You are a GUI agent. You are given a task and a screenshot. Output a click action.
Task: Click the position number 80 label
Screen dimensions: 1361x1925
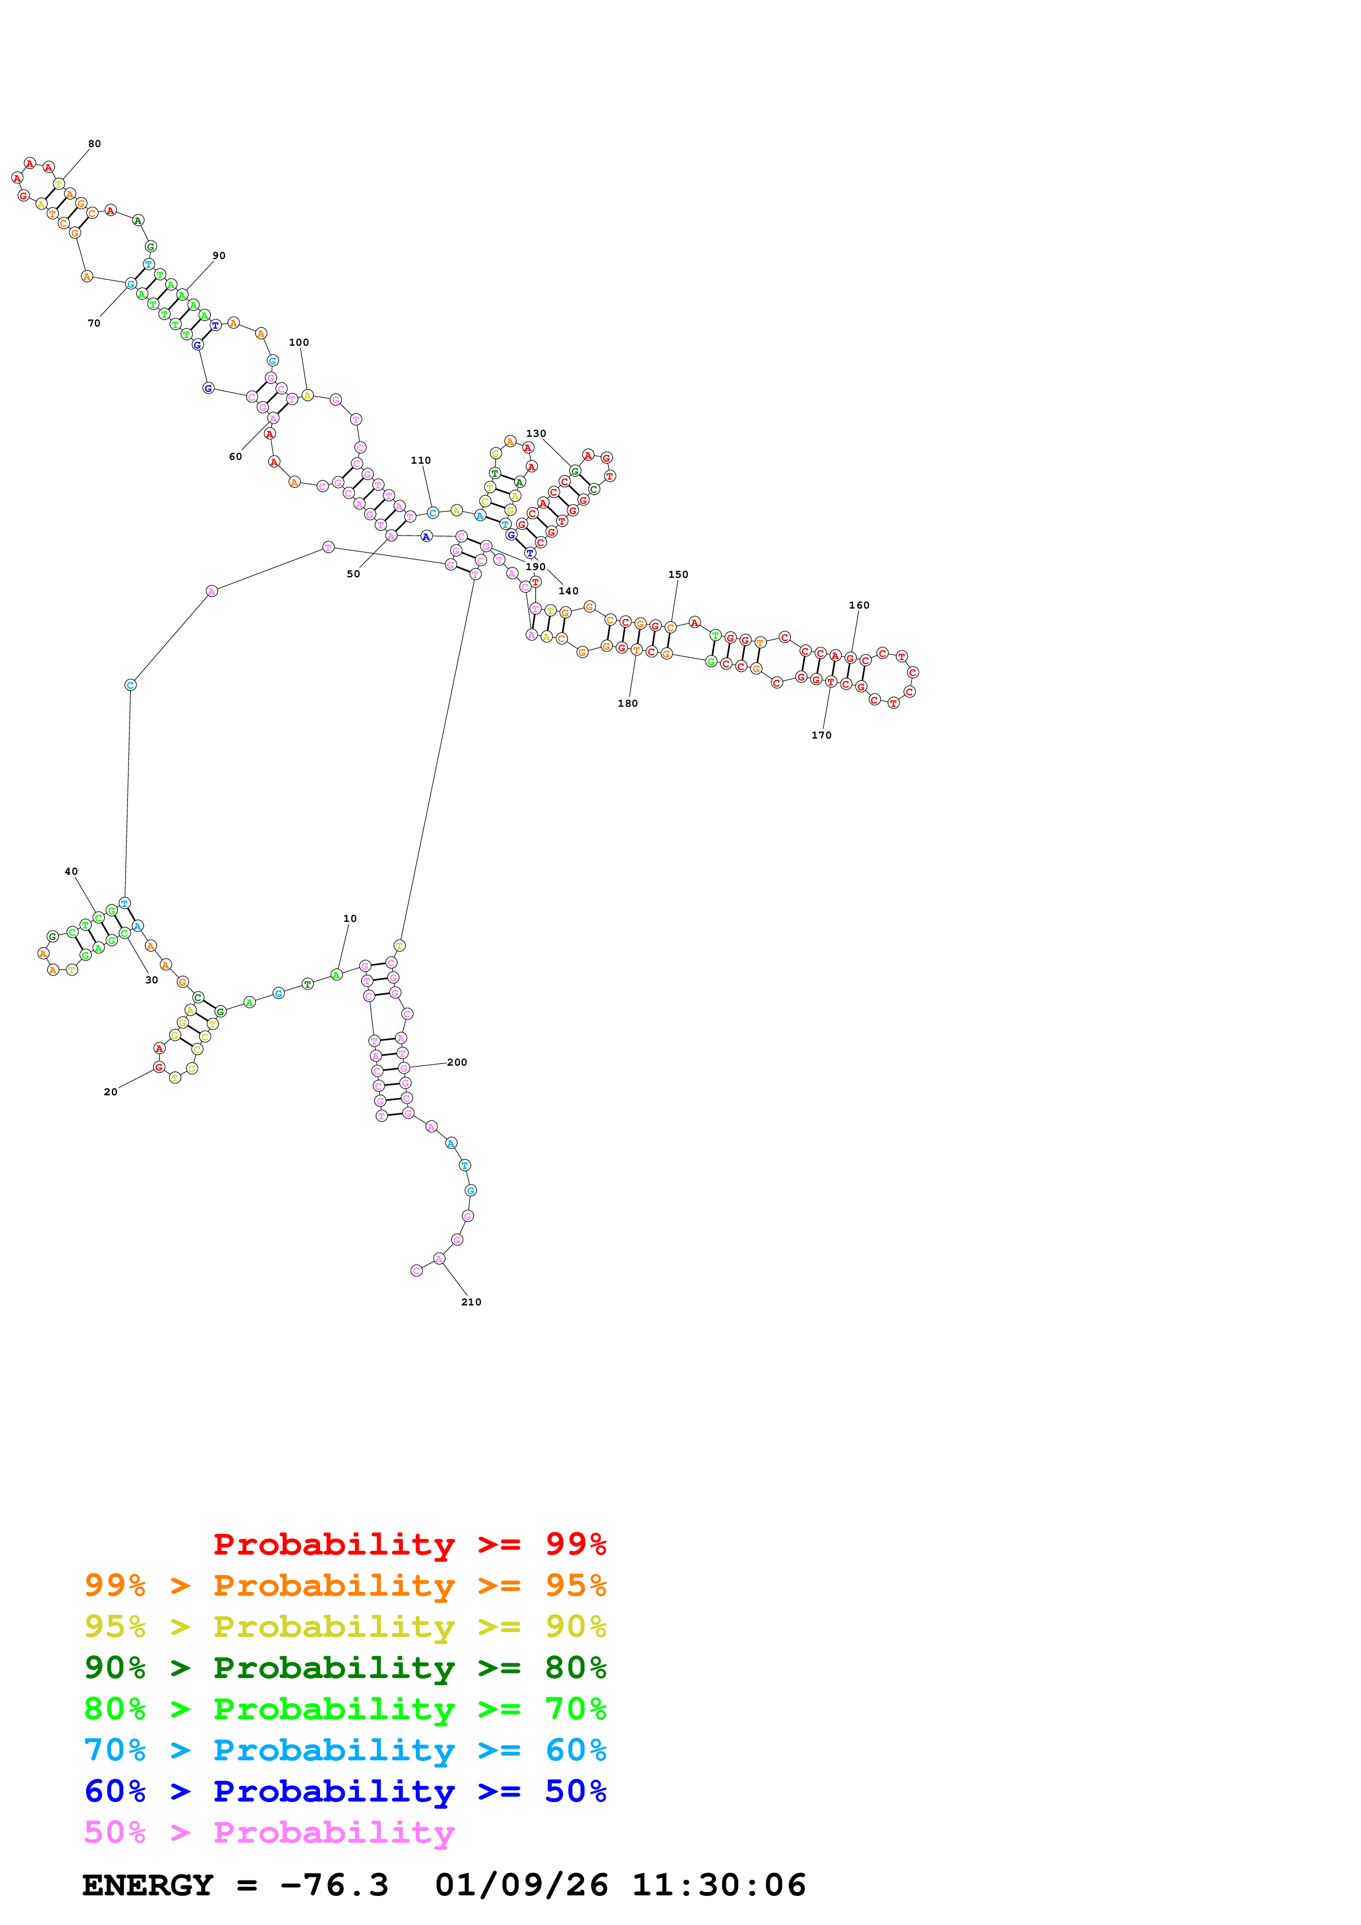[95, 144]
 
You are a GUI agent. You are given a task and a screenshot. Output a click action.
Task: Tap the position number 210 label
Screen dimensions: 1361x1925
[471, 1302]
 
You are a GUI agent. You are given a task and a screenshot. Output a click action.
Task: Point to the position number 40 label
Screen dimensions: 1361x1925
[71, 872]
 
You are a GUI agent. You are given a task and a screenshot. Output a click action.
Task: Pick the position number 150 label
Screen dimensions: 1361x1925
[677, 575]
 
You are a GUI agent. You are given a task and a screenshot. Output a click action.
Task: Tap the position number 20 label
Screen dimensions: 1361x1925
[111, 1093]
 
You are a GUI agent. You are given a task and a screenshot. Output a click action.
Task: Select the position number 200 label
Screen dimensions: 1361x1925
[457, 1062]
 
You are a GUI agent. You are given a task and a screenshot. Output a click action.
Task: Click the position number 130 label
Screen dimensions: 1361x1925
[536, 434]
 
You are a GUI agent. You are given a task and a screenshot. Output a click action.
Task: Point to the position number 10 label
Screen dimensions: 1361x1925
[350, 919]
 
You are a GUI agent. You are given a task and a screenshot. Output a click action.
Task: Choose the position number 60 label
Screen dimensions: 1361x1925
[236, 457]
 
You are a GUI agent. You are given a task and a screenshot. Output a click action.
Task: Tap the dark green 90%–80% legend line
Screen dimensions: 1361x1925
[345, 1668]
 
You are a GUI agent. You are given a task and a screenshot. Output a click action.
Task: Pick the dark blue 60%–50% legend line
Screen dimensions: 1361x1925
[345, 1791]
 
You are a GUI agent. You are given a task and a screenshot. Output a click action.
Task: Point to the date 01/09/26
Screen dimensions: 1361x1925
[521, 1885]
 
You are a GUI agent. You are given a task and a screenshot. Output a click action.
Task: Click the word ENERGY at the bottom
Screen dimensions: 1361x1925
[148, 1885]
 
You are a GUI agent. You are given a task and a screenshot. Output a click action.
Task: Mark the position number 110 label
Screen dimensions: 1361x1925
[421, 461]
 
